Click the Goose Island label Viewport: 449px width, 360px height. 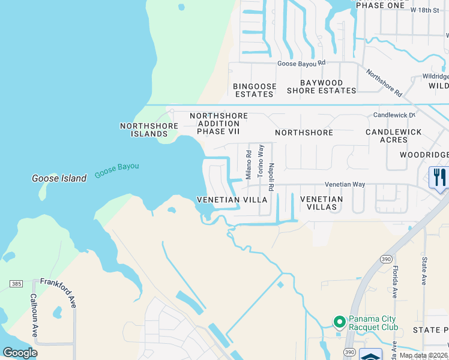[59, 178]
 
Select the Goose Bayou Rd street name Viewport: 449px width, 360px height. [301, 63]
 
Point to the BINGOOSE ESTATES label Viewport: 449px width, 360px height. [255, 91]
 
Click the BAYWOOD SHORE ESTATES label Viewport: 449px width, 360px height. [321, 87]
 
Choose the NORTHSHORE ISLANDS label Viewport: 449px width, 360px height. [149, 130]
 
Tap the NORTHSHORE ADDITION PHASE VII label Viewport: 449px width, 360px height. [218, 124]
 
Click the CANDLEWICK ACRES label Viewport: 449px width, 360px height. [393, 136]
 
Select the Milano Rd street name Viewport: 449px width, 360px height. [248, 163]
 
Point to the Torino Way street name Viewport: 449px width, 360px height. [261, 160]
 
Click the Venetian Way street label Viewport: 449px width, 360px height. [345, 185]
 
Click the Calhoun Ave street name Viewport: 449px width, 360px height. [34, 315]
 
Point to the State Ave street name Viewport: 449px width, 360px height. [424, 271]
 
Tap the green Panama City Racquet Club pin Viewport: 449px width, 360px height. [339, 323]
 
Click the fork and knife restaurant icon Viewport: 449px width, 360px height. [439, 178]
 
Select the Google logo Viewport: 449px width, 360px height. [20, 353]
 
